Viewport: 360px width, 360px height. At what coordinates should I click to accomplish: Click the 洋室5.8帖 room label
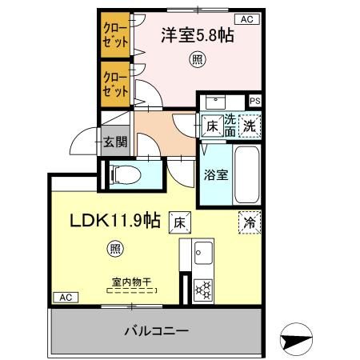point(191,36)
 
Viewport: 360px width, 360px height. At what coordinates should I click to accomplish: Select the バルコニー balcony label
point(156,330)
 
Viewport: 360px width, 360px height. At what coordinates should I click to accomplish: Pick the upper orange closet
point(115,36)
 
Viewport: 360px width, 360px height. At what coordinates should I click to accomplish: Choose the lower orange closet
point(115,85)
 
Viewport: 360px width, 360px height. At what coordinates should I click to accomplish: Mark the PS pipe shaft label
point(254,101)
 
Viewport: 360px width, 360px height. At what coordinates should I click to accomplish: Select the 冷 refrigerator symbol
point(249,223)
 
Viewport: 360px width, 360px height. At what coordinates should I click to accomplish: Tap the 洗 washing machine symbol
point(250,125)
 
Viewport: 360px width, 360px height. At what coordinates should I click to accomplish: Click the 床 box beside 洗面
point(211,126)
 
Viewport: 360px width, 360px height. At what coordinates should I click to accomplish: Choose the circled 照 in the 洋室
point(195,58)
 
